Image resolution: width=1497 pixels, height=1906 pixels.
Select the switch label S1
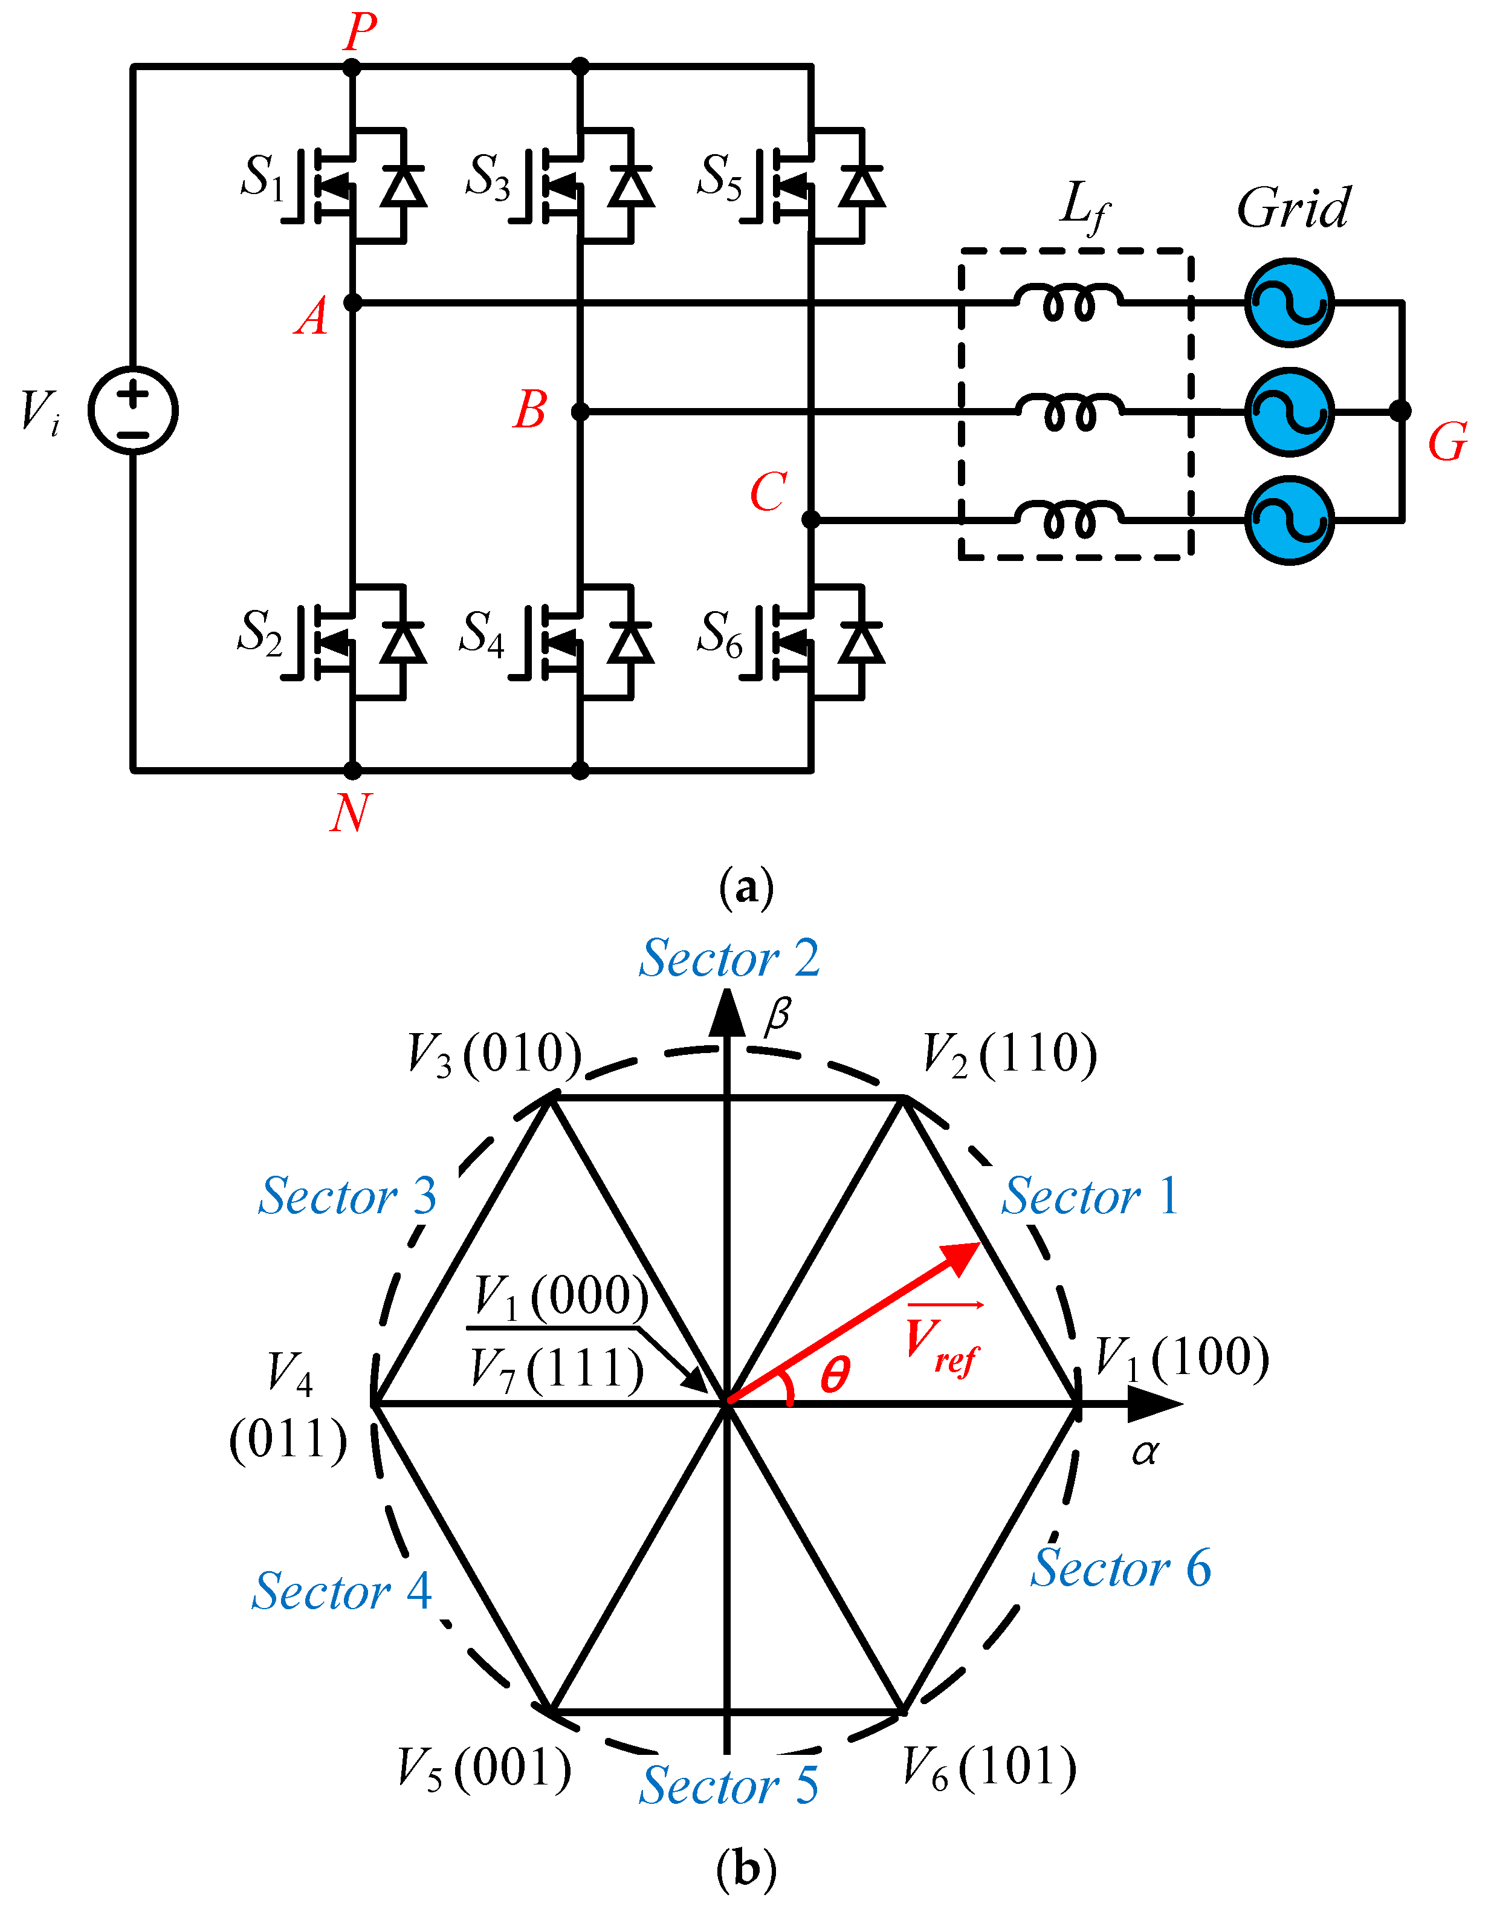[262, 178]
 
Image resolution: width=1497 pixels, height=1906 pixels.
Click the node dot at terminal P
[352, 66]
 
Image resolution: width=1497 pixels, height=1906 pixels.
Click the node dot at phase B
[580, 411]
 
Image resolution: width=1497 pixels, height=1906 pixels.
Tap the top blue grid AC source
[1289, 302]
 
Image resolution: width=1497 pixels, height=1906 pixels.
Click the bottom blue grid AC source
[1289, 520]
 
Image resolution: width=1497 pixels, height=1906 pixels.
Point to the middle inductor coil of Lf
[1069, 411]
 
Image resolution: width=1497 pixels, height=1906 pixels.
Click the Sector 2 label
[729, 958]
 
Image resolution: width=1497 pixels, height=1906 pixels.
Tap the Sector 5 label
[729, 1786]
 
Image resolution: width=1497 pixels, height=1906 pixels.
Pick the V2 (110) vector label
[1010, 1055]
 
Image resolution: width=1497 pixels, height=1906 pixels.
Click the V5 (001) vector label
[484, 1768]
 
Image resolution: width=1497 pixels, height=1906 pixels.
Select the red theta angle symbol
[835, 1375]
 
